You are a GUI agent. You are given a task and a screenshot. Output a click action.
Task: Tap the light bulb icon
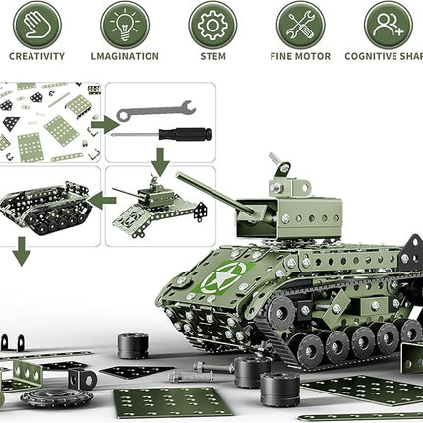pos(124,25)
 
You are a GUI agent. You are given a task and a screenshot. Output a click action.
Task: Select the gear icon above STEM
pos(212,25)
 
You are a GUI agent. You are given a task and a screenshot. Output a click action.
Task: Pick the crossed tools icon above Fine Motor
pos(301,25)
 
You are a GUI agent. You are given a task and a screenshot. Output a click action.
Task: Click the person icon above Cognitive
pos(388,25)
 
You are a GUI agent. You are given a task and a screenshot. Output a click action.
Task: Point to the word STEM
pos(212,57)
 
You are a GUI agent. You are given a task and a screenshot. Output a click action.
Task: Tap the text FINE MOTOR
pos(300,57)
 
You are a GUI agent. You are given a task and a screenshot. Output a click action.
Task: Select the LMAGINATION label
pos(124,57)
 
